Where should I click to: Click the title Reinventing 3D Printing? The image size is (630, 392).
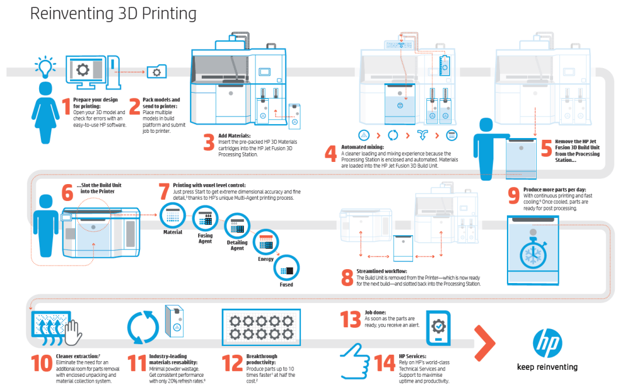click(x=113, y=14)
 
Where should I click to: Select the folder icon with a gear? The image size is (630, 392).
click(x=156, y=72)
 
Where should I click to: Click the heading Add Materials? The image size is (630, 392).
click(x=235, y=136)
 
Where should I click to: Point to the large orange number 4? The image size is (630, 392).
click(x=331, y=153)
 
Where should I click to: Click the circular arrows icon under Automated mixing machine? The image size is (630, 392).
click(x=393, y=135)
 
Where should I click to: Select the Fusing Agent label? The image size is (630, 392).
click(x=205, y=238)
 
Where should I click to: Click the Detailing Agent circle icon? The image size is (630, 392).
click(x=237, y=225)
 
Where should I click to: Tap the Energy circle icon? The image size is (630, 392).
click(x=266, y=242)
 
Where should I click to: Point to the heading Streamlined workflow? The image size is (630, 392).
click(x=381, y=271)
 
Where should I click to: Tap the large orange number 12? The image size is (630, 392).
click(x=233, y=363)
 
